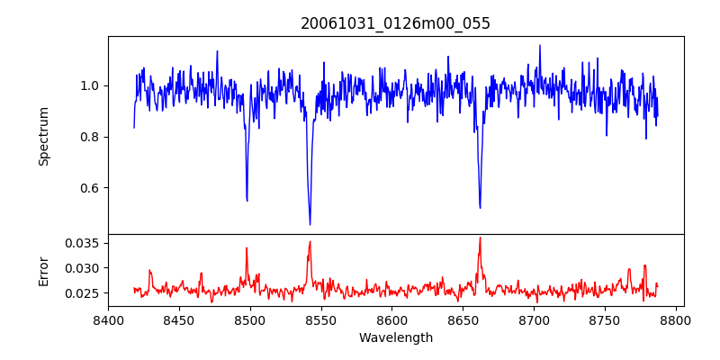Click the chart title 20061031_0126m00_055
(395, 23)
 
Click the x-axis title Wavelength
(395, 337)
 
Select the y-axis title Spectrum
(43, 136)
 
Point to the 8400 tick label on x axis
(108, 319)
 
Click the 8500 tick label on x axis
(250, 319)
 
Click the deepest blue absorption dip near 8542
(310, 224)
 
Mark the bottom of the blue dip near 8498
(247, 200)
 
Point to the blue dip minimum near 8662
(480, 208)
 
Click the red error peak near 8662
(480, 238)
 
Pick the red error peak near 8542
(310, 241)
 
